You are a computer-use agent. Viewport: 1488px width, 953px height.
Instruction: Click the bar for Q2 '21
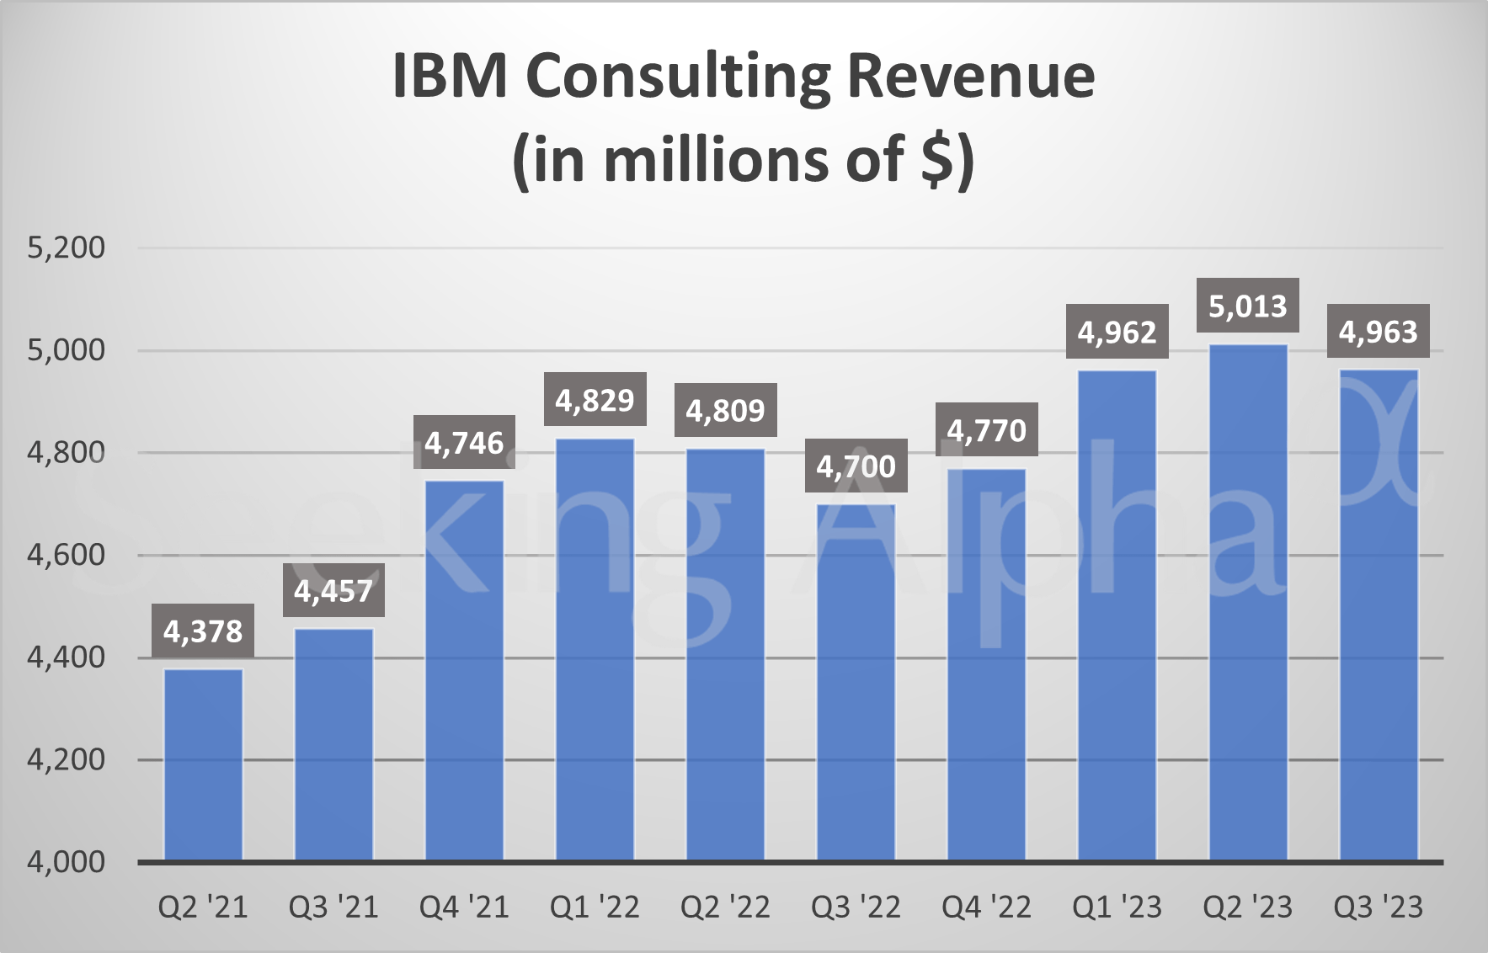[203, 764]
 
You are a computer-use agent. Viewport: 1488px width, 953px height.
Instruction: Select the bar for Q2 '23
[1248, 602]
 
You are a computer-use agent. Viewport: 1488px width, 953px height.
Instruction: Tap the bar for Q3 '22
[856, 682]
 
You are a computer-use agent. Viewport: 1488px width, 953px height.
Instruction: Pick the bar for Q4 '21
[464, 670]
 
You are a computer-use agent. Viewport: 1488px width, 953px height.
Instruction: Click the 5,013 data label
[1248, 306]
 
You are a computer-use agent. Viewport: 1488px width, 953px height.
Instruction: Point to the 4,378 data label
[203, 631]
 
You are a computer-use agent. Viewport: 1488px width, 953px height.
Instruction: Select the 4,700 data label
[856, 466]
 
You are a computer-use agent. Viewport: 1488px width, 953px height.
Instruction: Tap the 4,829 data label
[595, 400]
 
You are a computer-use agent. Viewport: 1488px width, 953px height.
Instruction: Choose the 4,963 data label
[1379, 332]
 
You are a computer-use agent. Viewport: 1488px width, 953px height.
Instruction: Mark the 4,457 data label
[333, 591]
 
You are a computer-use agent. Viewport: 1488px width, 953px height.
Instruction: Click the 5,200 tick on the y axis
[67, 248]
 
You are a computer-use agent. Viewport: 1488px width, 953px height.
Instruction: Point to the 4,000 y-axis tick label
[67, 861]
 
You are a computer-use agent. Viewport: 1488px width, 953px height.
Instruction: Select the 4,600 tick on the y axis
[67, 555]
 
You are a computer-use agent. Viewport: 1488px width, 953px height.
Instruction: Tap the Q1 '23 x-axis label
[1117, 907]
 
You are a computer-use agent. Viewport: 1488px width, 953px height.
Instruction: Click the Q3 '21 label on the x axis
[333, 907]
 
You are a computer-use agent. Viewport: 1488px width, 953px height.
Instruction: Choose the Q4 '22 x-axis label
[986, 907]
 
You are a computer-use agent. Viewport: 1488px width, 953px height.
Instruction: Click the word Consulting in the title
[678, 77]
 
